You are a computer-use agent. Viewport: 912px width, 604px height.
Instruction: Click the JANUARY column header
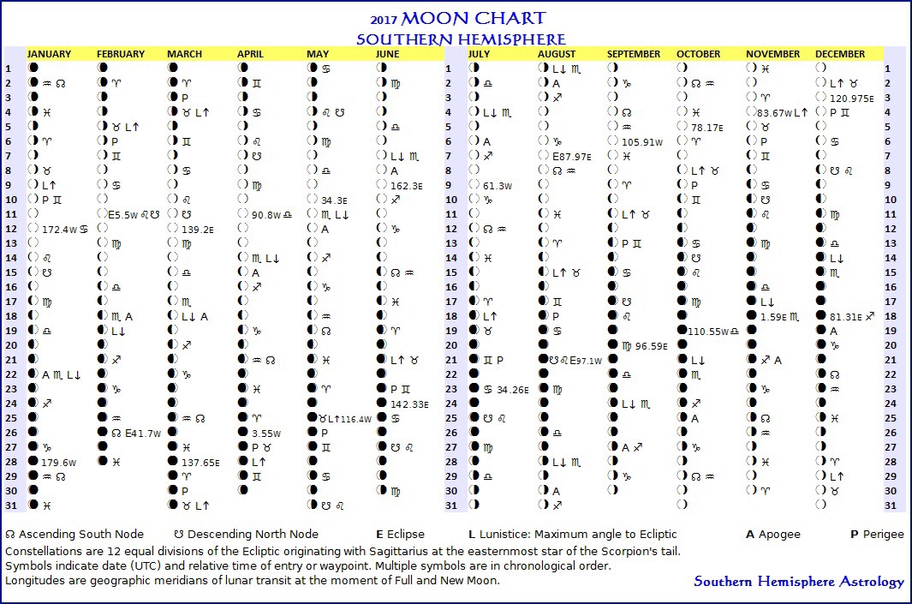pos(49,54)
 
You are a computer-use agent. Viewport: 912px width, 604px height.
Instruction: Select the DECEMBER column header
pos(840,54)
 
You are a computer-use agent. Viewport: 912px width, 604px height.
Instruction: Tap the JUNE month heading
pos(387,54)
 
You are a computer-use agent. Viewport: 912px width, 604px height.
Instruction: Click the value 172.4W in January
pos(59,230)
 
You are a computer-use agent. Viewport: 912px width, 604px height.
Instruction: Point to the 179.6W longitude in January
pos(59,462)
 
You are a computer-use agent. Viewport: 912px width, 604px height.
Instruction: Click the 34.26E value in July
pos(513,389)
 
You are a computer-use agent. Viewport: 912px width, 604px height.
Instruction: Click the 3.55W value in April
pos(266,434)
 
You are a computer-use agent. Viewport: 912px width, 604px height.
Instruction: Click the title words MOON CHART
pos(473,19)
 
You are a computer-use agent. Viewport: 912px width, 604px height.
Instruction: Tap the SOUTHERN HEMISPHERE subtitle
pos(461,39)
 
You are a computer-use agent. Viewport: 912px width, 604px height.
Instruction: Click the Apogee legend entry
pos(773,534)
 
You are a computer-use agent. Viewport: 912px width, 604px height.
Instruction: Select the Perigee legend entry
pos(877,534)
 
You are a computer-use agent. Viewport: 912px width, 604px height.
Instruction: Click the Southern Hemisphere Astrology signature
pos(798,582)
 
